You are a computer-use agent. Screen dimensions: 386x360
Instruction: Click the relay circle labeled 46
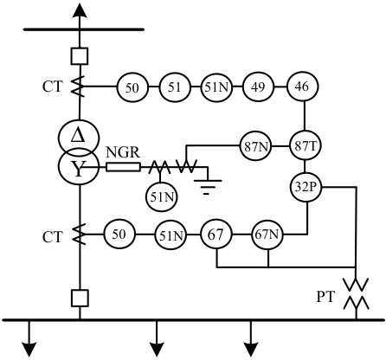point(302,87)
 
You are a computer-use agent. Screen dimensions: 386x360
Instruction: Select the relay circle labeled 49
point(258,87)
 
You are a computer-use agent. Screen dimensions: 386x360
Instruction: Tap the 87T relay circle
point(306,145)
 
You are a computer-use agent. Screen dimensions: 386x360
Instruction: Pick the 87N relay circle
point(256,146)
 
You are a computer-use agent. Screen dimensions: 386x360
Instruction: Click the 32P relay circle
point(306,187)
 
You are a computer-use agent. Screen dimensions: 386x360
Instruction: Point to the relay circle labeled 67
point(216,235)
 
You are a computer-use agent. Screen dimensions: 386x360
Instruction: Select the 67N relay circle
point(267,235)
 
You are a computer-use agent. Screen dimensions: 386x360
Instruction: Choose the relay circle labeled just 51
point(175,87)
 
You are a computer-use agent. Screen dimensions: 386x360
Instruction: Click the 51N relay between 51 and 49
point(216,87)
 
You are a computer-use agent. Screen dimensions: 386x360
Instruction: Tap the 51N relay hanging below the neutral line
point(161,197)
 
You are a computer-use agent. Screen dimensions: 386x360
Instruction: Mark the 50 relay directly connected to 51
point(132,87)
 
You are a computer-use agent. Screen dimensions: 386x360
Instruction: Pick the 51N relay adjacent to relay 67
point(171,235)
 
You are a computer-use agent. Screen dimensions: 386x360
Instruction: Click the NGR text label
point(123,152)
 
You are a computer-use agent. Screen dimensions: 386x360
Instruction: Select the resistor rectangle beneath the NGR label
point(123,167)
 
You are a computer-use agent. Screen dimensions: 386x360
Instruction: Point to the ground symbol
point(208,187)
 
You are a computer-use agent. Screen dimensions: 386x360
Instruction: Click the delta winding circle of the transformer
point(79,137)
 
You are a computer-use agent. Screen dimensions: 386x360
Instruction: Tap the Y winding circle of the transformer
point(79,167)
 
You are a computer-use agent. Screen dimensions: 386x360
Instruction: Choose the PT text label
point(326,297)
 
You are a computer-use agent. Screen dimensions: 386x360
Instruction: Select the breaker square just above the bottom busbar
point(80,298)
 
